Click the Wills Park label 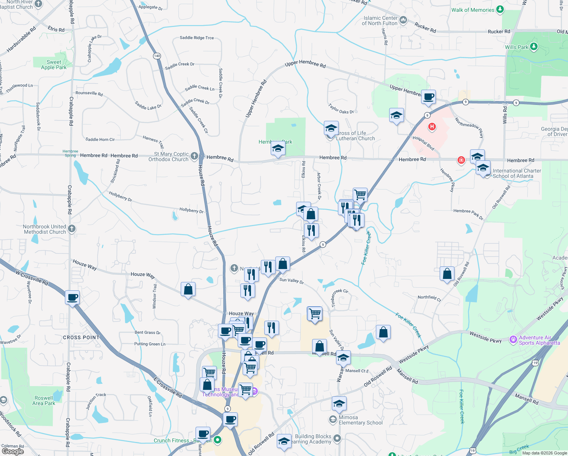pos(516,47)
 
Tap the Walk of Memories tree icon pos(500,9)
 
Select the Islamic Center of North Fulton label pos(380,21)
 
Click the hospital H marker pos(432,127)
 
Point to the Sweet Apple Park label pos(54,65)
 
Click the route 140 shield pos(157,56)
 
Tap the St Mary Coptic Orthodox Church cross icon pos(194,156)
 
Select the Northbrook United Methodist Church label pos(44,229)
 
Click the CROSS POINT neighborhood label pos(81,337)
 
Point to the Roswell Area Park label pos(44,401)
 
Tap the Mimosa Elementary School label pos(360,420)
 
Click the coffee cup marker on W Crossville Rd pos(72,298)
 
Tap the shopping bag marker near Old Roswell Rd pos(447,274)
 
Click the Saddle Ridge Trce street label pos(197,38)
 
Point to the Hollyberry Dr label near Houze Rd pos(191,210)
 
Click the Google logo pos(13,451)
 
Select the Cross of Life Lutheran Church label pos(355,136)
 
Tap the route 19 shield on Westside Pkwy pos(535,363)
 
